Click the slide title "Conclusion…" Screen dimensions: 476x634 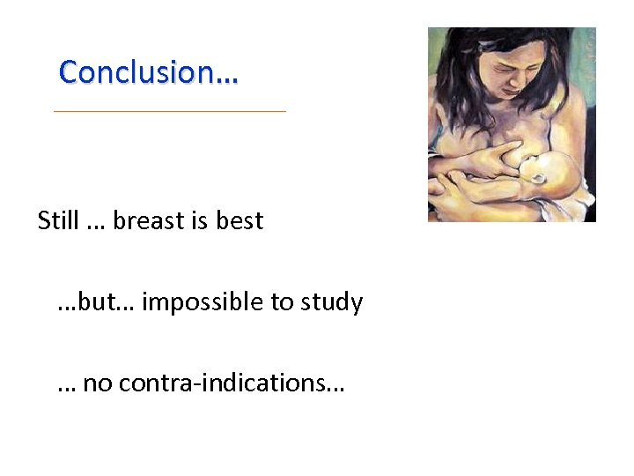click(148, 72)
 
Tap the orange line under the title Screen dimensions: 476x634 click(170, 111)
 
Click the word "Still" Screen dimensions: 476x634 click(58, 220)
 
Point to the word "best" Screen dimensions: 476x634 click(240, 220)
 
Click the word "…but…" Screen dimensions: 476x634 click(95, 302)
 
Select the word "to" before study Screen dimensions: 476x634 click(283, 302)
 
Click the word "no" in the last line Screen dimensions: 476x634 click(97, 383)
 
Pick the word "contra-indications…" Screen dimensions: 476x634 click(232, 383)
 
